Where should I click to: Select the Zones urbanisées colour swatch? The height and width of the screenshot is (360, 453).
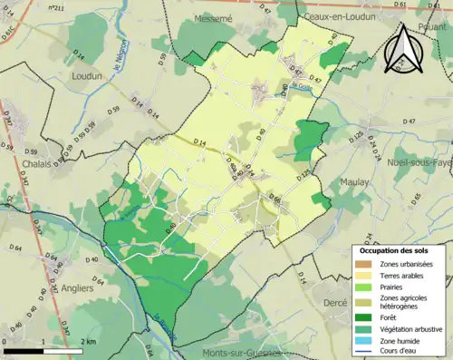(x=366, y=263)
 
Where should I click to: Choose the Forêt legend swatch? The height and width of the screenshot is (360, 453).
(x=366, y=316)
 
